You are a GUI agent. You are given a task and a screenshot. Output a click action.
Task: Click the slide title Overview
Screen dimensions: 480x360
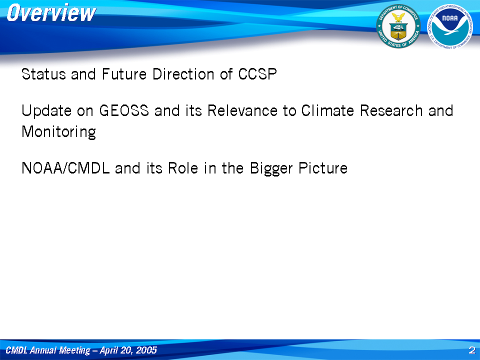tap(51, 13)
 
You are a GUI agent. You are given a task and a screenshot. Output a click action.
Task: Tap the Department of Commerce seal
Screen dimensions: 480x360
tap(398, 26)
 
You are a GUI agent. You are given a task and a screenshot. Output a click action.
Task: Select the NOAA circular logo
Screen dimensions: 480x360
tap(450, 26)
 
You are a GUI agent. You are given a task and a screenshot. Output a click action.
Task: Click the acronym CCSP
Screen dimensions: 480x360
tap(257, 74)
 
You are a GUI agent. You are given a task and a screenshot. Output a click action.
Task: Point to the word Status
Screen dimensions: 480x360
tap(44, 74)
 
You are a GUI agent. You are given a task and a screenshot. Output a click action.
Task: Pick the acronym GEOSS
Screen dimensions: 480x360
tap(124, 110)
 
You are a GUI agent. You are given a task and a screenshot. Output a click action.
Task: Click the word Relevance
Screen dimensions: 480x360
tap(242, 110)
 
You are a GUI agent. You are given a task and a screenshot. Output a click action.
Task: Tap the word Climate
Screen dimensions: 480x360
tap(327, 110)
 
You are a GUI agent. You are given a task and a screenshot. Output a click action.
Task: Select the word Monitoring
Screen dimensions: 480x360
tap(59, 132)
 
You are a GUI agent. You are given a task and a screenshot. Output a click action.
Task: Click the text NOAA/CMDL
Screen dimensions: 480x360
tap(65, 168)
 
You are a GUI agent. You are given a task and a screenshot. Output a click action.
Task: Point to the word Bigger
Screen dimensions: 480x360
tap(271, 168)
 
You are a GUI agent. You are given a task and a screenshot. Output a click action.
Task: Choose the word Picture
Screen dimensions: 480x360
tap(323, 168)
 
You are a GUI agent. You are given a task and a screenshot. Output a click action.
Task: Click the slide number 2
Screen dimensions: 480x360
tap(471, 350)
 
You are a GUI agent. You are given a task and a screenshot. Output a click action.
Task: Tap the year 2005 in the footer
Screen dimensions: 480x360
tap(146, 350)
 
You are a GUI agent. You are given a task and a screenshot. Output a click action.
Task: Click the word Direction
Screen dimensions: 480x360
tap(183, 74)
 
